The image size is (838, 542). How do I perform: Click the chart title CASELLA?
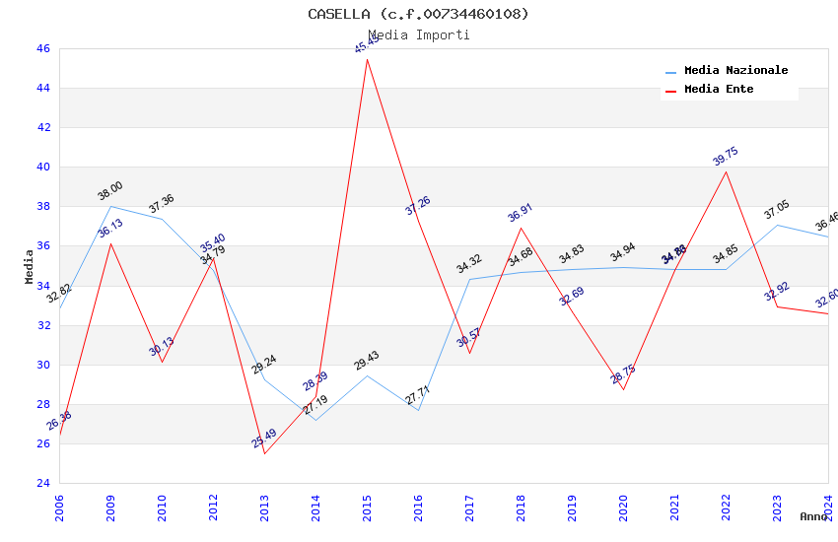(x=418, y=14)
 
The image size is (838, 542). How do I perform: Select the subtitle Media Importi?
(x=418, y=35)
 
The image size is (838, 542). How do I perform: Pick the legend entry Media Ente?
(x=719, y=90)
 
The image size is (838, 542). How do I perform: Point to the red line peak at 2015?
(x=367, y=59)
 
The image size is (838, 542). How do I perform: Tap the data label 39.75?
(x=726, y=157)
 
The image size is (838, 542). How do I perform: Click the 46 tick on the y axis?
(x=42, y=48)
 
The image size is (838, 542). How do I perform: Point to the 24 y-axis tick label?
(x=42, y=483)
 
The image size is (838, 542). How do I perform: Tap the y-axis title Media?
(x=30, y=266)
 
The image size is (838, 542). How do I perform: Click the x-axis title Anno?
(x=813, y=516)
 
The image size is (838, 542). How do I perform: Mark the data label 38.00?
(x=110, y=191)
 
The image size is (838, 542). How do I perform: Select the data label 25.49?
(x=264, y=439)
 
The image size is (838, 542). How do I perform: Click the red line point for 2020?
(x=623, y=389)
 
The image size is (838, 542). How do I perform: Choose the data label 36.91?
(x=521, y=213)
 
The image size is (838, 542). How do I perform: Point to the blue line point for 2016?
(x=418, y=410)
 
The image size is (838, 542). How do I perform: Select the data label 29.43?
(x=367, y=361)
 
